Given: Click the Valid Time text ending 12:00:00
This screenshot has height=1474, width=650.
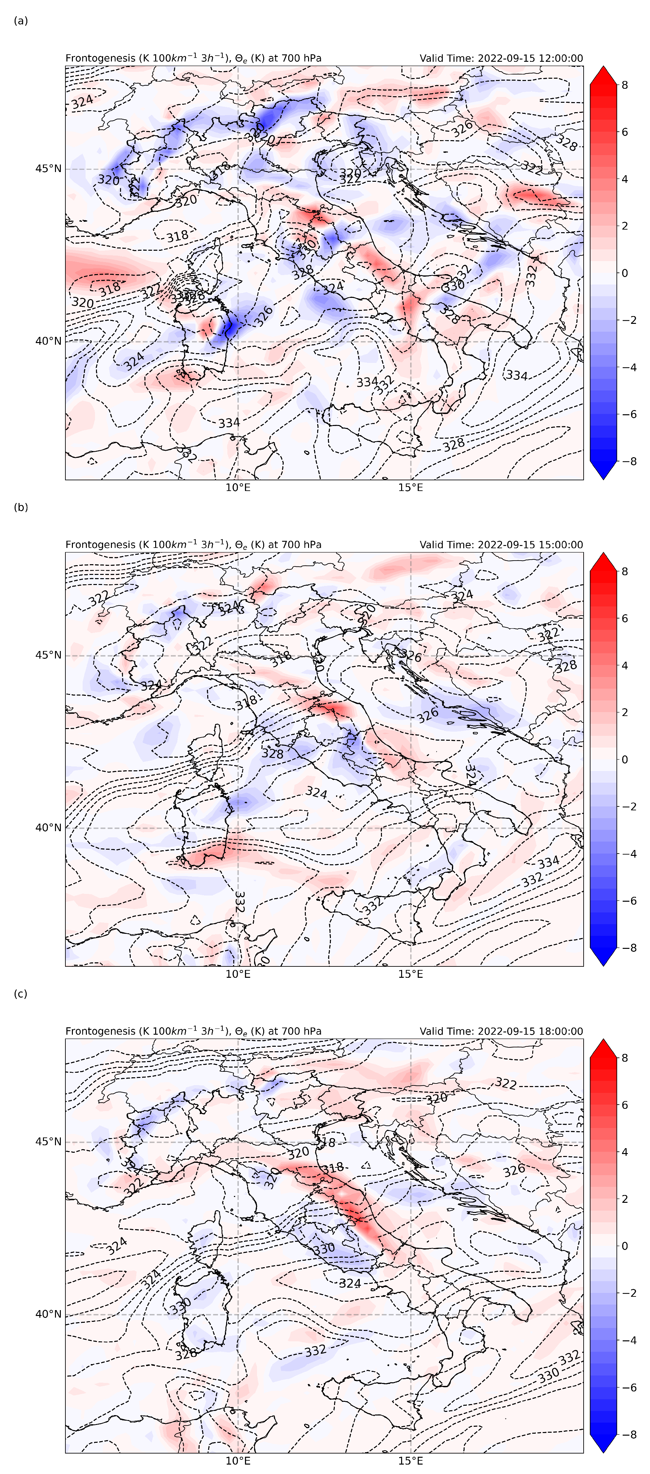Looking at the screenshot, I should click(x=501, y=58).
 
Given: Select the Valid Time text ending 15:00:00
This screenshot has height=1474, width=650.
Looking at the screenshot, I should click(x=501, y=545).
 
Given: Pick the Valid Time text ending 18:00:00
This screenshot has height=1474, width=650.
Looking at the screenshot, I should click(x=501, y=1031).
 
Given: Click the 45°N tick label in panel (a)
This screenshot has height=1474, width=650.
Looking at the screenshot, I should click(x=48, y=169).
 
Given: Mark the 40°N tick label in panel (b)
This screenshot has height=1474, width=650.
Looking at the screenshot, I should click(x=48, y=828).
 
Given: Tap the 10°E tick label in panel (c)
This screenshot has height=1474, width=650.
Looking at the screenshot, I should click(x=238, y=1460).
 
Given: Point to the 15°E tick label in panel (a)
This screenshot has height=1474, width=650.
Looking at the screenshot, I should click(x=411, y=487).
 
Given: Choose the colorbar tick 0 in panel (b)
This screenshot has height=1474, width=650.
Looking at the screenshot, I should click(x=625, y=759).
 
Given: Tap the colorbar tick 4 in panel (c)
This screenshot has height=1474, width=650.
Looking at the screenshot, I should click(x=625, y=1152).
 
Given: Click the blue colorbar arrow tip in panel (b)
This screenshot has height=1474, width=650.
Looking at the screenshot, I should click(x=603, y=965).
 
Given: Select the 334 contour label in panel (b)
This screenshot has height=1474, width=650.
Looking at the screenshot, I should click(x=548, y=862).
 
